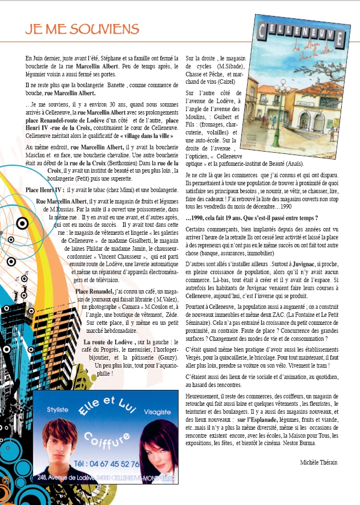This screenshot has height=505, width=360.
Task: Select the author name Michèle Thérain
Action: coord(318,462)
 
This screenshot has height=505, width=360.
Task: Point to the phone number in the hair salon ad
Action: coord(107,463)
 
